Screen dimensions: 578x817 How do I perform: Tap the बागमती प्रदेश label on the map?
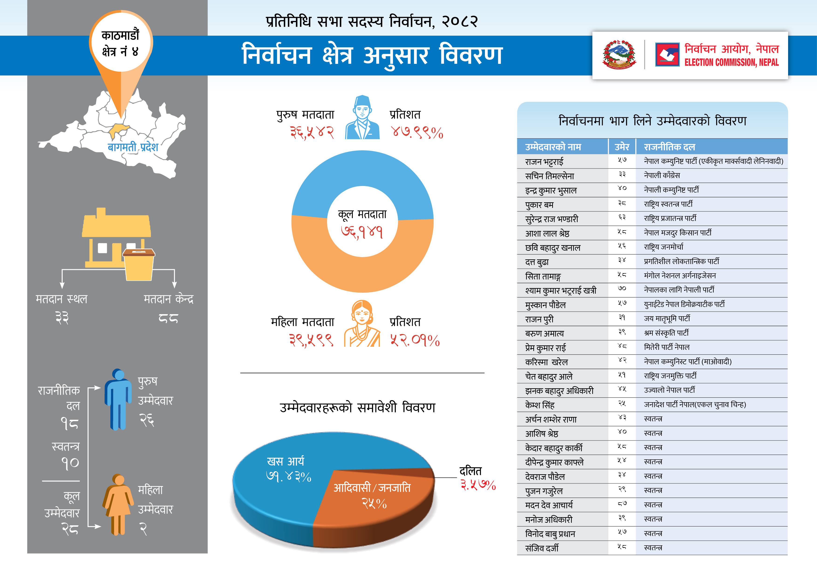pos(133,147)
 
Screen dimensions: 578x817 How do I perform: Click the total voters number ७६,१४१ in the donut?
pos(362,232)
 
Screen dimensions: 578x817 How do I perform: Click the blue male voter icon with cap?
pos(362,117)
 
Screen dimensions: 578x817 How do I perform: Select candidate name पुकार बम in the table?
pos(539,205)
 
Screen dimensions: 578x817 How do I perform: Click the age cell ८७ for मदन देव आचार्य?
pos(622,504)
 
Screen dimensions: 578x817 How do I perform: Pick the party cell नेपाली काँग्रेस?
pos(662,175)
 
